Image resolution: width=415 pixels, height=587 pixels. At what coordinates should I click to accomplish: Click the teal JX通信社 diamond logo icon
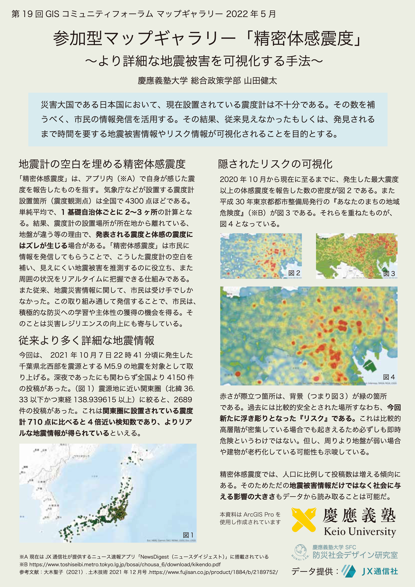tap(349, 571)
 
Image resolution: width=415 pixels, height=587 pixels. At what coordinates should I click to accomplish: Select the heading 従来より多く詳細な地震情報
tap(86, 341)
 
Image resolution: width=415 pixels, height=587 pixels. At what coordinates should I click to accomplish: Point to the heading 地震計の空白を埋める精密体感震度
tap(102, 164)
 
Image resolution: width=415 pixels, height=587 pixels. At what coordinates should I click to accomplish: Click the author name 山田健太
tap(261, 81)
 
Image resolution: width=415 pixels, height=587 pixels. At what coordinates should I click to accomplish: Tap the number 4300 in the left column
tap(134, 201)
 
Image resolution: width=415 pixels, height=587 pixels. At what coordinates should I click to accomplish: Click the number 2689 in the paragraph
tap(183, 400)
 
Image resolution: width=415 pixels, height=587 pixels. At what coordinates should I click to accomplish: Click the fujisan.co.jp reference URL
tap(213, 572)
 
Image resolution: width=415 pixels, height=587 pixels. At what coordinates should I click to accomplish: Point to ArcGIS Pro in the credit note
tap(259, 514)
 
